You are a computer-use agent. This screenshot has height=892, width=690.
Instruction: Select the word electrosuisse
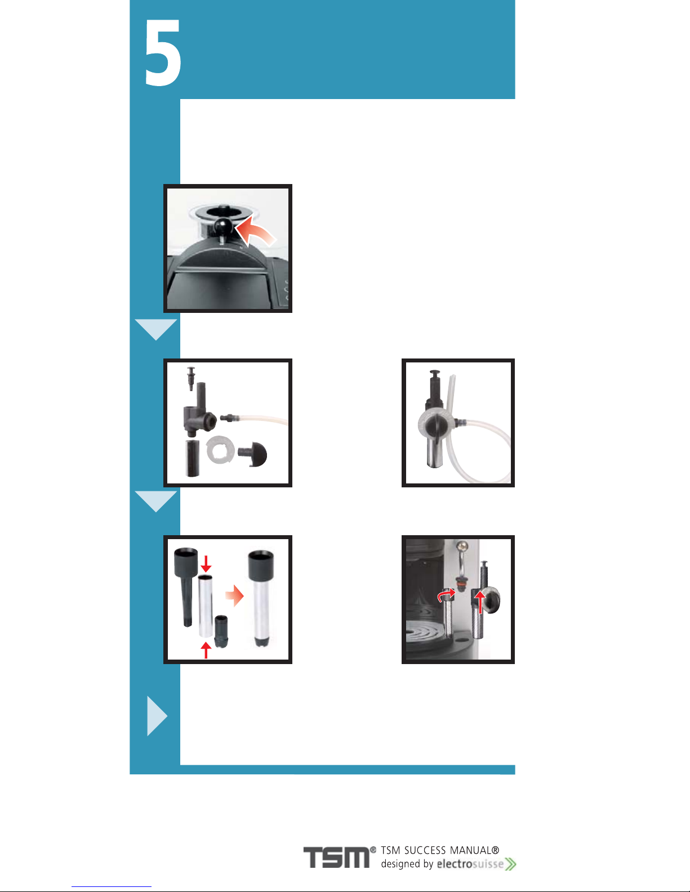(470, 864)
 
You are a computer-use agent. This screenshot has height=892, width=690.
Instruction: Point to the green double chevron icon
(510, 864)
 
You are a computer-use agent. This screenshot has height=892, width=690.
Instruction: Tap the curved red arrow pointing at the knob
(255, 232)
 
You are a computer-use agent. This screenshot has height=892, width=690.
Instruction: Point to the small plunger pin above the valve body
(190, 378)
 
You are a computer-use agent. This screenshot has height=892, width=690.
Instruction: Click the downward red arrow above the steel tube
(206, 564)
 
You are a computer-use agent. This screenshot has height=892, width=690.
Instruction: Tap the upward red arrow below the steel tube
(206, 650)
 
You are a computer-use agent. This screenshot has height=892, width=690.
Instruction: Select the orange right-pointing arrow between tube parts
(234, 595)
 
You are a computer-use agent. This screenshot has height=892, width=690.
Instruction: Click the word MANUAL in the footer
(474, 850)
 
